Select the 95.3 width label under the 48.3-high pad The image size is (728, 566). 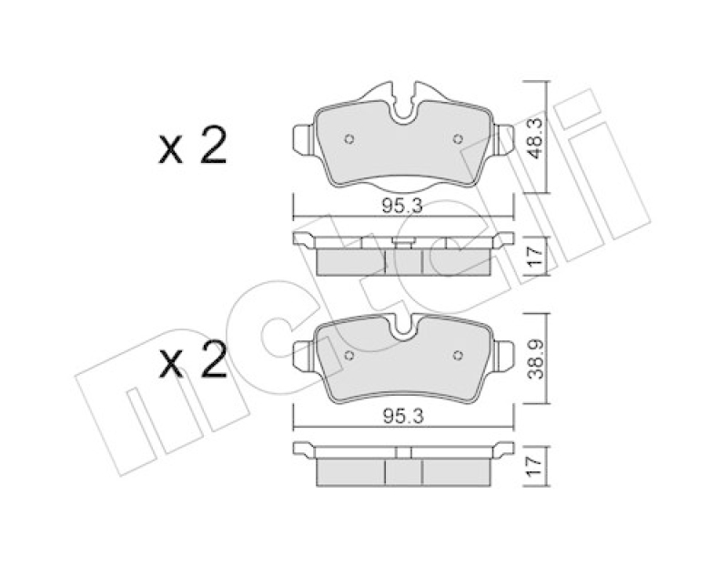pyautogui.click(x=403, y=207)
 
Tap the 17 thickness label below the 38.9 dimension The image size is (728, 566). pyautogui.click(x=537, y=466)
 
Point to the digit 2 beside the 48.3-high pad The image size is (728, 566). pyautogui.click(x=212, y=147)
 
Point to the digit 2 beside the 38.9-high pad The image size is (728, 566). pyautogui.click(x=212, y=364)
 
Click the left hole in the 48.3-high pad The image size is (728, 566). pyautogui.click(x=350, y=139)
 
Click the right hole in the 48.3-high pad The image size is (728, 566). pyautogui.click(x=458, y=139)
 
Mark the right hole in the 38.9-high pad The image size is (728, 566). pyautogui.click(x=458, y=354)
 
